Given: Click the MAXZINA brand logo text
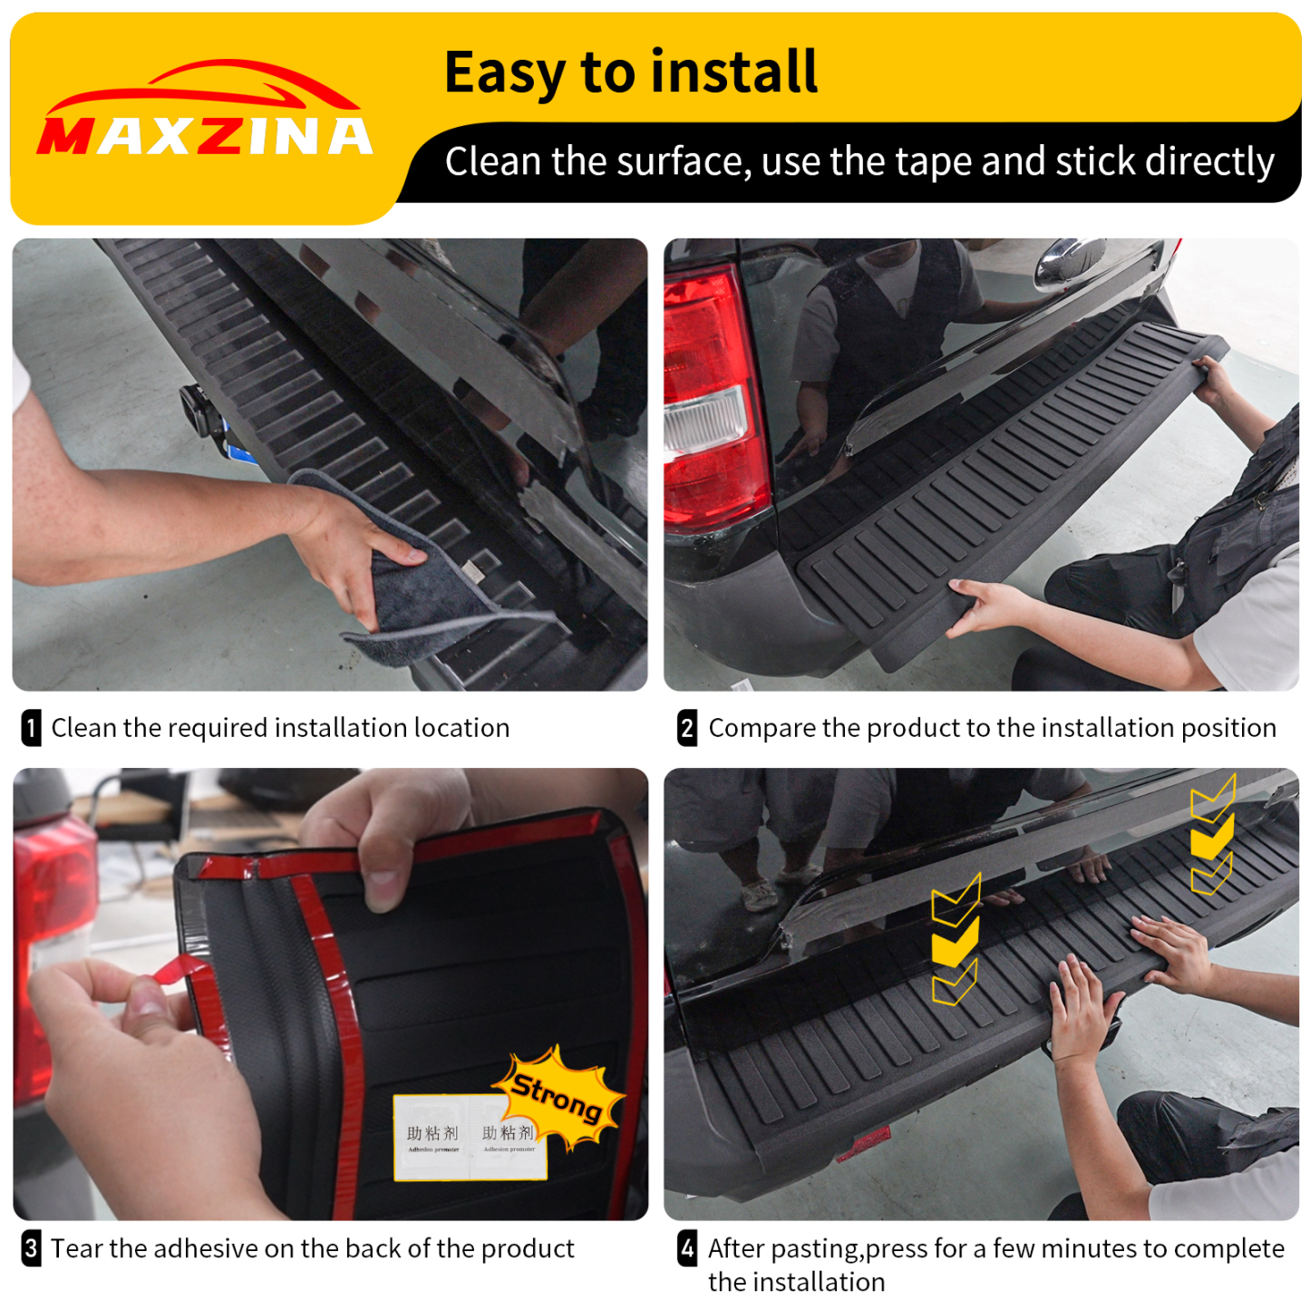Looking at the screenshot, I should tap(205, 137).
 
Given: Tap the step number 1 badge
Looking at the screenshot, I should tap(31, 728).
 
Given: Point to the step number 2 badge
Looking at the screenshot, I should tap(687, 728).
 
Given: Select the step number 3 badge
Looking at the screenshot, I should tap(31, 1248).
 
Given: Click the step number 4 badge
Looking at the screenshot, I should tap(687, 1248).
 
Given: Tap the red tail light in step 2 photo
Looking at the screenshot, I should tap(712, 399).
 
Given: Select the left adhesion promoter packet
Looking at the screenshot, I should tap(432, 1139).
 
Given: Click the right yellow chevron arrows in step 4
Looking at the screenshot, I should tap(1212, 834).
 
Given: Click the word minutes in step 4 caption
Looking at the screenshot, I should tap(1102, 1248).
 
